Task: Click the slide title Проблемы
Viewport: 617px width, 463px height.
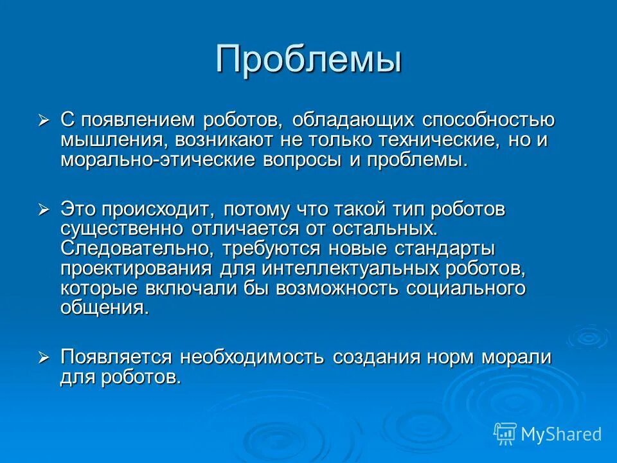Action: pyautogui.click(x=308, y=59)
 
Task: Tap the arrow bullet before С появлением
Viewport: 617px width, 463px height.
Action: pyautogui.click(x=44, y=120)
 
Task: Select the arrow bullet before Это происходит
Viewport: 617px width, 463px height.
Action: pyautogui.click(x=44, y=209)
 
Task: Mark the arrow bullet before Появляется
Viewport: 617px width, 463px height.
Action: pyautogui.click(x=44, y=358)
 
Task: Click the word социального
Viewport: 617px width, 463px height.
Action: pyautogui.click(x=466, y=289)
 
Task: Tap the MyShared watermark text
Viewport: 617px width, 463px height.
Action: pyautogui.click(x=561, y=434)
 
